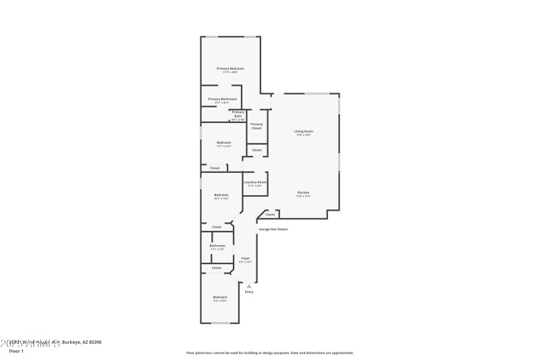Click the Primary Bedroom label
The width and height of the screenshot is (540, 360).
(230, 69)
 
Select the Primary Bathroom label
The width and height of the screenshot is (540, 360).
(222, 99)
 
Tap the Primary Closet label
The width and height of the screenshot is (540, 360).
(256, 126)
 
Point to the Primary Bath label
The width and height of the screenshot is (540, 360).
(238, 114)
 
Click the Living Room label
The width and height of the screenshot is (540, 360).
(303, 131)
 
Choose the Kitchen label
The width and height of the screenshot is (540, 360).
(303, 193)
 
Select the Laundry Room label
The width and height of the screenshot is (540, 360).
(255, 182)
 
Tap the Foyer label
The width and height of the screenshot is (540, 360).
(246, 258)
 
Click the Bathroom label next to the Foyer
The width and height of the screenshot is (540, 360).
(217, 246)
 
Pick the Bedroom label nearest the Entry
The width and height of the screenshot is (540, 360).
(220, 297)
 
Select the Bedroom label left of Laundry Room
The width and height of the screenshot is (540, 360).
(221, 195)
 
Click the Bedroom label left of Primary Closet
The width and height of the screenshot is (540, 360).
(223, 143)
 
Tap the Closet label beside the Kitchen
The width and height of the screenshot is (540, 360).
(270, 215)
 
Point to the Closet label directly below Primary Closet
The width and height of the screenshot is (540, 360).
(256, 150)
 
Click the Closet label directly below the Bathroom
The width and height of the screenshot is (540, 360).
(216, 268)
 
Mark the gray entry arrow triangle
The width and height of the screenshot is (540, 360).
(249, 286)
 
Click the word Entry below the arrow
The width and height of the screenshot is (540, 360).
(249, 292)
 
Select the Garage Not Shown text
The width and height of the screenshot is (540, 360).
(273, 229)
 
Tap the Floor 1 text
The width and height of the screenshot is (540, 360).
(16, 351)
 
